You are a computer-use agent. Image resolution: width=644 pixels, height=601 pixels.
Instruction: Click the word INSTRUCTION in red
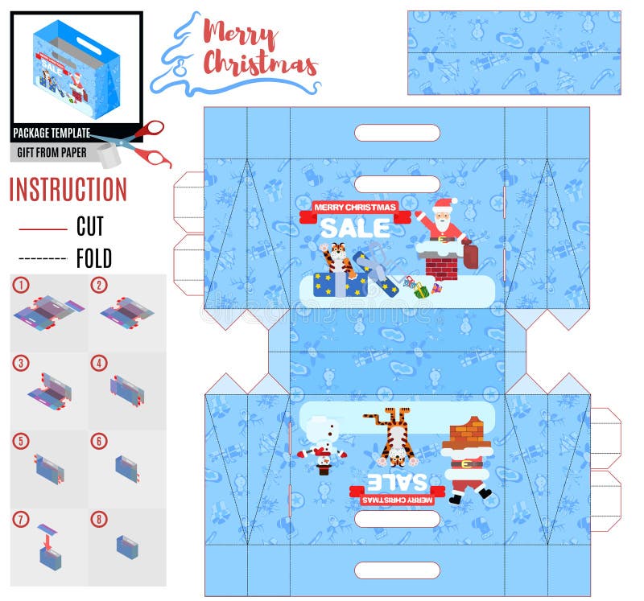coord(68,190)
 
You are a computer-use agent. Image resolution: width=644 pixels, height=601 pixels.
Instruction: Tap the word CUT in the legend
coord(90,227)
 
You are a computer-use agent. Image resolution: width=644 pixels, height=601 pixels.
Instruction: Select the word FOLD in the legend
coord(93,259)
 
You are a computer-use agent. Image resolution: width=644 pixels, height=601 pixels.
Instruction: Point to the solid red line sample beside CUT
coord(42,229)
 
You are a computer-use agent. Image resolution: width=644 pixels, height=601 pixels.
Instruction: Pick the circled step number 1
coord(20,285)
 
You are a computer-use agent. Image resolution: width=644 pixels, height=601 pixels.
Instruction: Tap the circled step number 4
coord(98,363)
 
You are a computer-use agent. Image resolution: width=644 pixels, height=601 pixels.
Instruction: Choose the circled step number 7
coord(20,519)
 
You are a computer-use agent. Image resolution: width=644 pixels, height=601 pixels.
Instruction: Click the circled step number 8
coord(98,519)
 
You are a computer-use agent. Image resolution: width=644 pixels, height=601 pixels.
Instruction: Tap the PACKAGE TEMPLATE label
coord(52,134)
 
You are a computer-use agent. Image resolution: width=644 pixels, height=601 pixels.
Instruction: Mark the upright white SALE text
coord(354,228)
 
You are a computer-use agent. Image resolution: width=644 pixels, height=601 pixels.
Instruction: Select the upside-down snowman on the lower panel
coord(323,445)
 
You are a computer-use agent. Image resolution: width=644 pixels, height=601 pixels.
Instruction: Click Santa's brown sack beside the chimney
coord(471,255)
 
